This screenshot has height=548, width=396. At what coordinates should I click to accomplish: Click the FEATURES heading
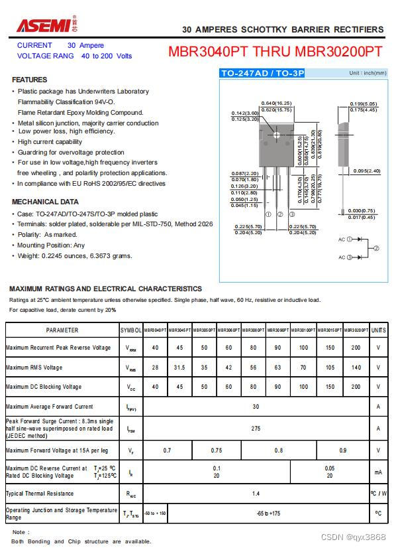[30, 80]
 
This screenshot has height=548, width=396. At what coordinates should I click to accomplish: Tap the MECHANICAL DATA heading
[45, 202]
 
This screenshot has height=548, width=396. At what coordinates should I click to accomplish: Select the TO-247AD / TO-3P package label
[262, 73]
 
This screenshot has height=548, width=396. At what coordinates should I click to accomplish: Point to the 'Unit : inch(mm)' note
[368, 73]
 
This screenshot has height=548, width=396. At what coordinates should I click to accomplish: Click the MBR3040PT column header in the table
[155, 330]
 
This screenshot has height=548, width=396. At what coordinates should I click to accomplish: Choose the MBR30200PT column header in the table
[356, 330]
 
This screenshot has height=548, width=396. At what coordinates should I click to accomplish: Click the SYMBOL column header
[130, 330]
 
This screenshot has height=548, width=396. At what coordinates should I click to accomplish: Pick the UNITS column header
[378, 330]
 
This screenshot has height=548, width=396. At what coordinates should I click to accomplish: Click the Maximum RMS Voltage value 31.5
[179, 367]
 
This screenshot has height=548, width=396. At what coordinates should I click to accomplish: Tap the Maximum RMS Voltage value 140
[356, 367]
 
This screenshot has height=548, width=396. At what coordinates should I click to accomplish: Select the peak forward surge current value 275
[256, 429]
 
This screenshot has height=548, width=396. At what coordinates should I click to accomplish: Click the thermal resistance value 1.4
[256, 494]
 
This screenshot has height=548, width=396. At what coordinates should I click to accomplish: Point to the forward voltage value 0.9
[343, 450]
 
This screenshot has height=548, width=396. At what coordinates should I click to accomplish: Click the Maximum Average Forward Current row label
[50, 407]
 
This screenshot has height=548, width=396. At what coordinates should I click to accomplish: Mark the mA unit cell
[378, 472]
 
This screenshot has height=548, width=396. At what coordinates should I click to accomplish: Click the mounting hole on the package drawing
[277, 135]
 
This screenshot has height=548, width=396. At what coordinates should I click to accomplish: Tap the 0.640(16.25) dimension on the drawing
[276, 103]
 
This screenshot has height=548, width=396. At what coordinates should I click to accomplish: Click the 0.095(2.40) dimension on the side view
[367, 171]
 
